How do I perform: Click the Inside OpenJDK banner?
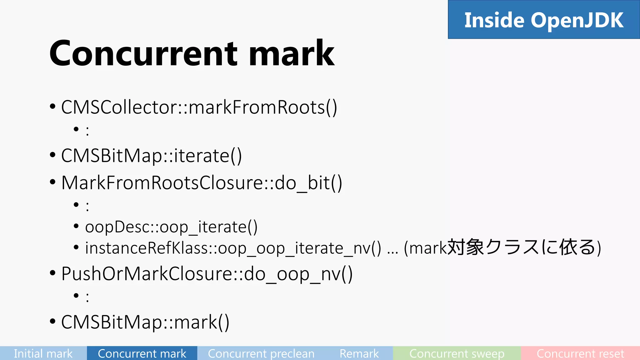point(544,20)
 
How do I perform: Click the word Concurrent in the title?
point(144,54)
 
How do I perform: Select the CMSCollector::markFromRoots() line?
point(199,107)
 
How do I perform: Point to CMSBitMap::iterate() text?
point(152,156)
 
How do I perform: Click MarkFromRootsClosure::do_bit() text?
point(202,183)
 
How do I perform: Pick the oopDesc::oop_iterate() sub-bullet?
point(171,227)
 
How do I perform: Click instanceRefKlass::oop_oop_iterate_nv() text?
point(233,248)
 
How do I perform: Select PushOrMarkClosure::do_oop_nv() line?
point(207,274)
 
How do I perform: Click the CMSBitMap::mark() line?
point(145,322)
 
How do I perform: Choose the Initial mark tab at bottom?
point(43,353)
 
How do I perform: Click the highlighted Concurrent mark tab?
point(142,353)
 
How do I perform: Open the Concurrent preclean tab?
point(261,353)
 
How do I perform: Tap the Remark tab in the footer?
point(359,353)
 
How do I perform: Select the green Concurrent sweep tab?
point(457,353)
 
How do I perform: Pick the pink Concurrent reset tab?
point(580,353)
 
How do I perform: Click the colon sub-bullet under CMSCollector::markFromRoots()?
point(87,131)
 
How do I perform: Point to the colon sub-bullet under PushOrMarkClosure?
point(87,297)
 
